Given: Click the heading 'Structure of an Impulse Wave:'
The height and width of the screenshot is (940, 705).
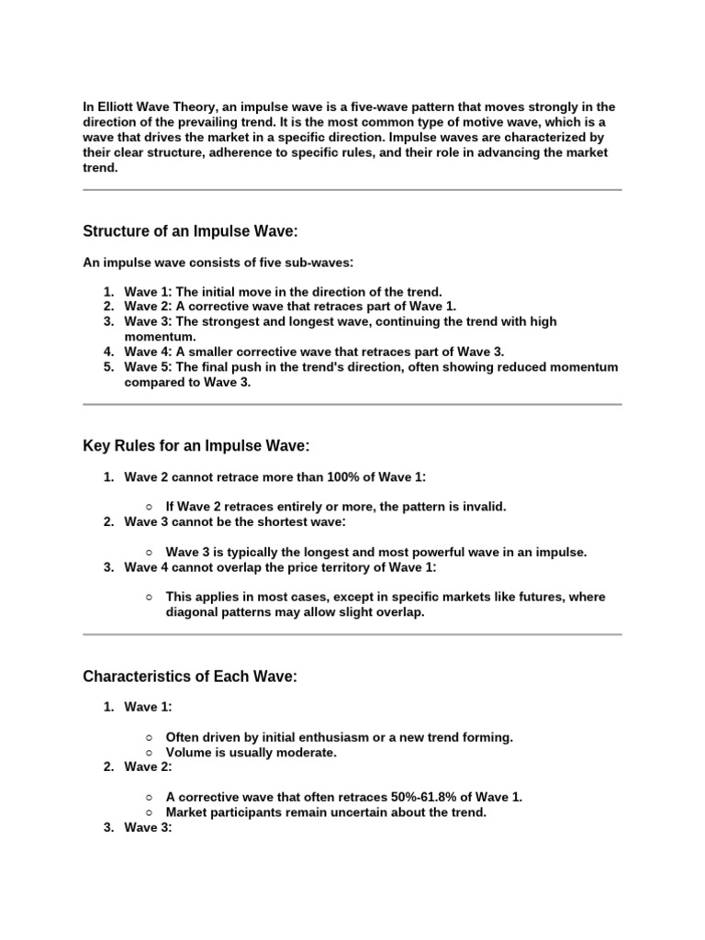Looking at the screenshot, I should click(x=190, y=230).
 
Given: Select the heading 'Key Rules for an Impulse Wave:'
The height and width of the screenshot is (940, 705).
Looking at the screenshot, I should click(x=196, y=445).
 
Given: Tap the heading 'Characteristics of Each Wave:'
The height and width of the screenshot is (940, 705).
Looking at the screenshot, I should click(x=190, y=677).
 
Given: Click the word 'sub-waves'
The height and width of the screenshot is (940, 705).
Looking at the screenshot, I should click(x=319, y=263).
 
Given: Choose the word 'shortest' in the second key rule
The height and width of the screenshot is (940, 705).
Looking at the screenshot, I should click(x=272, y=521).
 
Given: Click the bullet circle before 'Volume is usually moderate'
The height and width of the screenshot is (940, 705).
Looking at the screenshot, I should click(x=148, y=753).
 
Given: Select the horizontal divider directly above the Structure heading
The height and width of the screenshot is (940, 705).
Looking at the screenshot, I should click(x=352, y=190).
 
